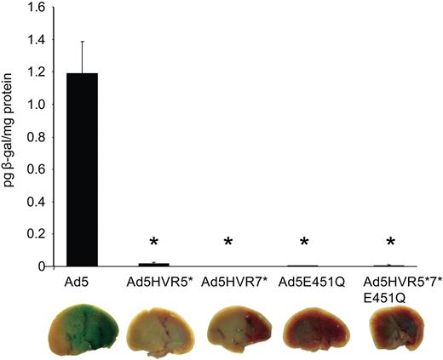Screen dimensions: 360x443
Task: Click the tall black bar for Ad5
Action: pyautogui.click(x=83, y=170)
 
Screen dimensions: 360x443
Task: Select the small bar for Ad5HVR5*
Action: pyautogui.click(x=154, y=265)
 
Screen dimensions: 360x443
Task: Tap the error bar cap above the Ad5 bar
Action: pyautogui.click(x=83, y=42)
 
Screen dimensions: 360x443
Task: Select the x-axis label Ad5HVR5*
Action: pyautogui.click(x=154, y=281)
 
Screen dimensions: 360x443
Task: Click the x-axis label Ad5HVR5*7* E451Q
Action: pyautogui.click(x=391, y=287)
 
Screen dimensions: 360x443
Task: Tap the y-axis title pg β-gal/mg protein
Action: pyautogui.click(x=11, y=136)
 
